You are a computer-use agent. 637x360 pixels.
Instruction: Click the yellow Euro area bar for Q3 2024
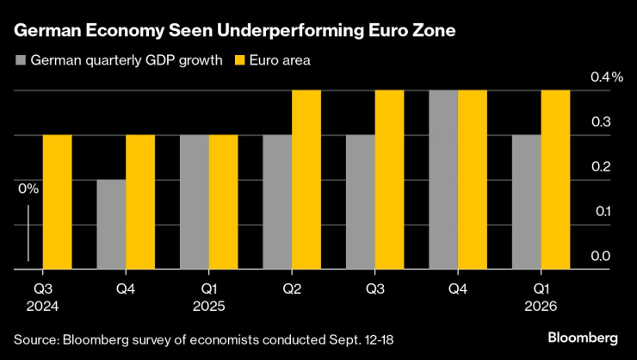(x=57, y=202)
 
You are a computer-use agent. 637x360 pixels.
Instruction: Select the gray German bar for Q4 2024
(x=111, y=224)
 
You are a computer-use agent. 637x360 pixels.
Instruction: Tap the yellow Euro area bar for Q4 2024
(x=140, y=202)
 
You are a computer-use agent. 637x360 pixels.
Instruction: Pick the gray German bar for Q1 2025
(x=195, y=202)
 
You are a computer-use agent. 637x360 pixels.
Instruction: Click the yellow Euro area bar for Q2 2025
(x=306, y=179)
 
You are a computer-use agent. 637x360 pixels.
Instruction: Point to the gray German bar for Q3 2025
(x=361, y=202)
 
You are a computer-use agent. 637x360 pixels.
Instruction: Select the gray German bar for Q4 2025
(x=443, y=179)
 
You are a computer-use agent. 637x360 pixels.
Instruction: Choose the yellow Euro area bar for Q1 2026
(x=556, y=179)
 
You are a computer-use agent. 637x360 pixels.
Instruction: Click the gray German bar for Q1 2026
(x=527, y=202)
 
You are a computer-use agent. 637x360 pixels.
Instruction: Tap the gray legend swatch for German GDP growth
(x=21, y=61)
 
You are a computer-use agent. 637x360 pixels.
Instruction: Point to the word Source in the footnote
(x=35, y=335)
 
